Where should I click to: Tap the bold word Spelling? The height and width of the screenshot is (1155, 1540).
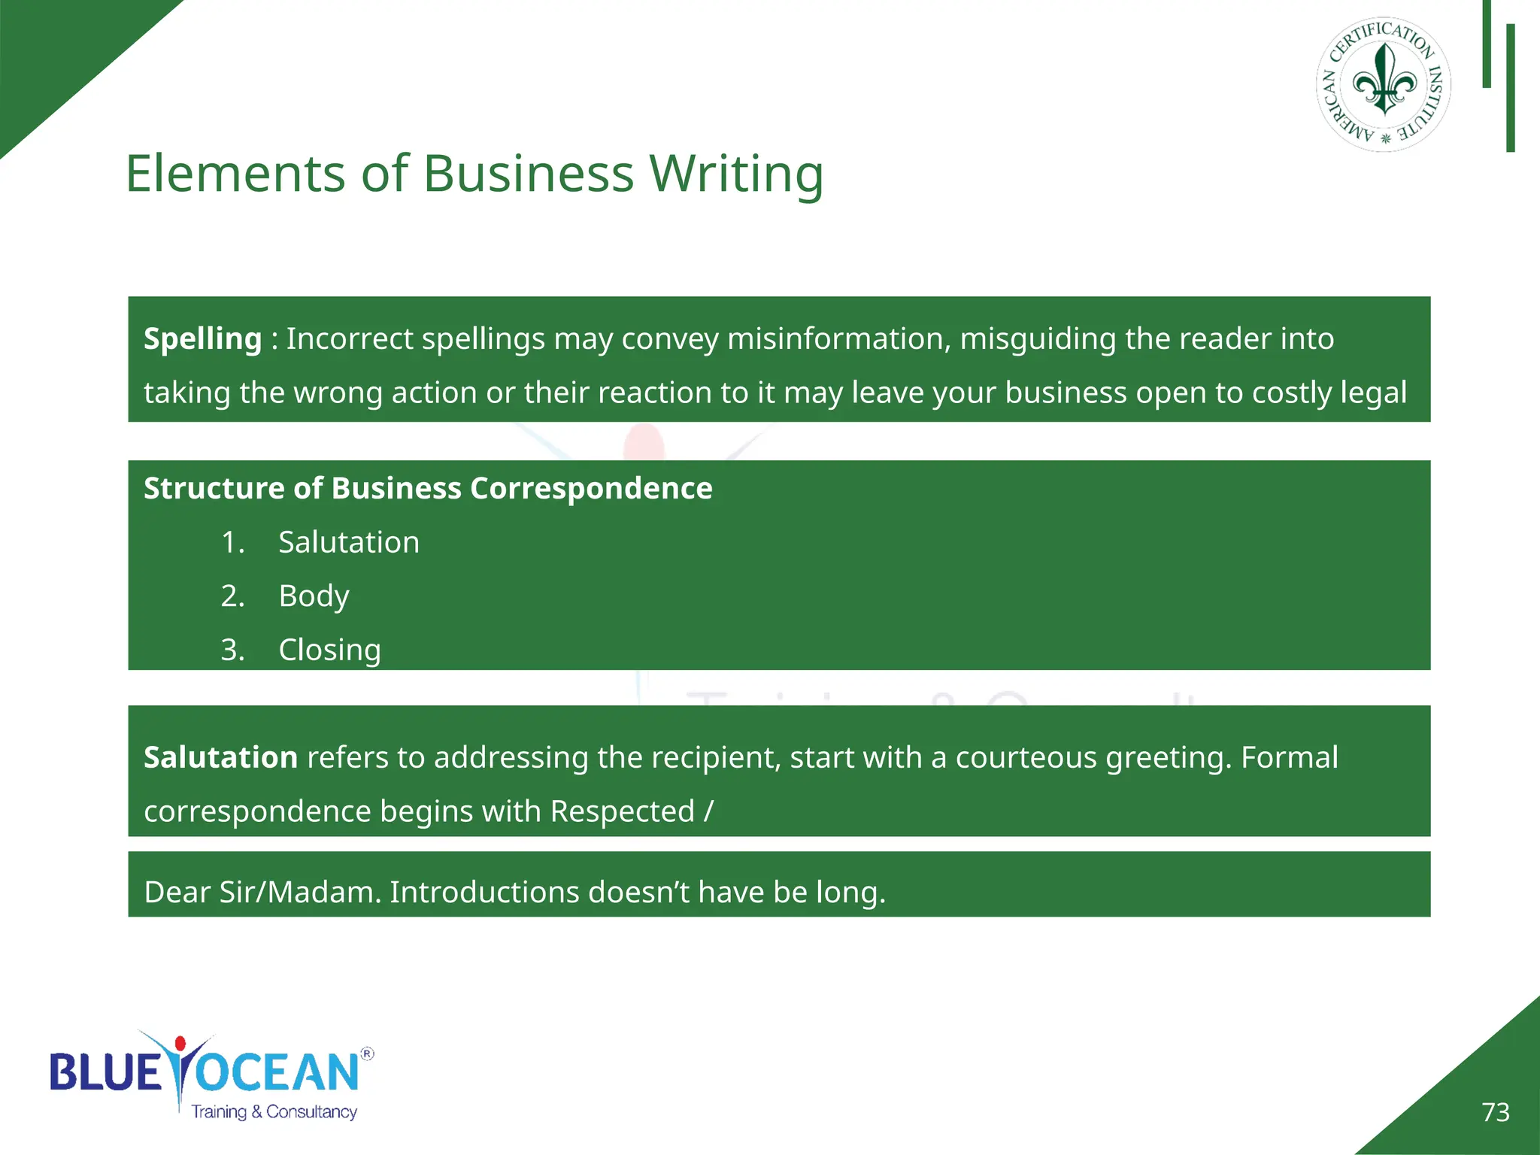coord(202,339)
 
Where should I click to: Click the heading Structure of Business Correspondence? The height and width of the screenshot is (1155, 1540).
coord(428,489)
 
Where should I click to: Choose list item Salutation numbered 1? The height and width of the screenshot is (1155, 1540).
coord(349,542)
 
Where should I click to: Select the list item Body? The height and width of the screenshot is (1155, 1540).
coord(314,596)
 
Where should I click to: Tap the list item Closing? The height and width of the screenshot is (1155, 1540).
coord(329,650)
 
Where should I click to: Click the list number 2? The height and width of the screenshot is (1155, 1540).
coord(232,596)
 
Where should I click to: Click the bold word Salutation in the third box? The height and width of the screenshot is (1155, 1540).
coord(220,757)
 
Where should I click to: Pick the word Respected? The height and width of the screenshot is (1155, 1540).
coord(622,811)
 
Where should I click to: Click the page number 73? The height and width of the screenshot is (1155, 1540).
coord(1495,1112)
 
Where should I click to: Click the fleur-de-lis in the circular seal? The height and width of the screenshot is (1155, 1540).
coord(1384,80)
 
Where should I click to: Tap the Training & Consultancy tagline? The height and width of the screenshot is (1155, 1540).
coord(274,1112)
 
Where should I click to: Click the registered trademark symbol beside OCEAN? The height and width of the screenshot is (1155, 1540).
coord(367,1053)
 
